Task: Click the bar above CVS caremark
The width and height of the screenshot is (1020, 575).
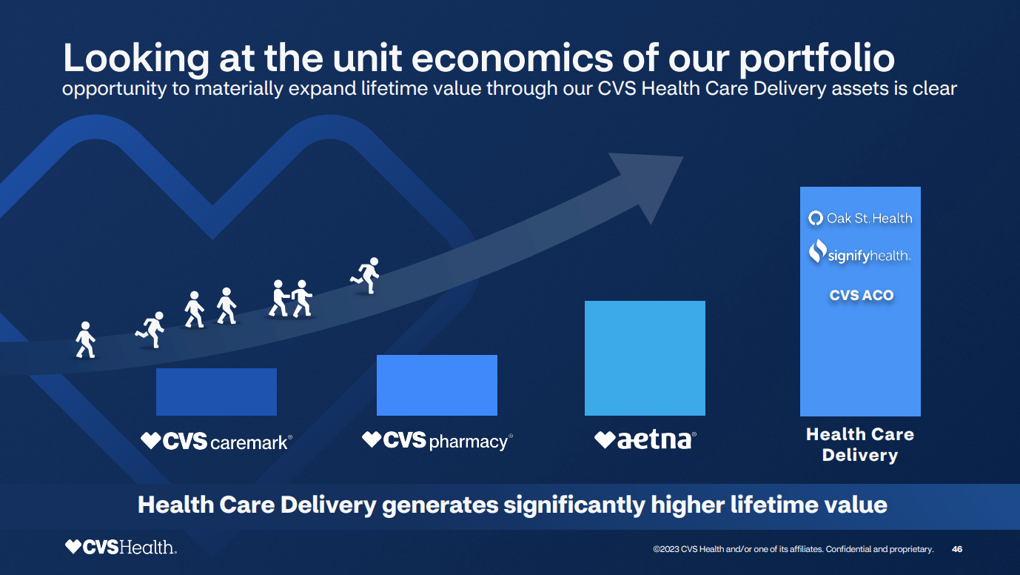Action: click(x=216, y=392)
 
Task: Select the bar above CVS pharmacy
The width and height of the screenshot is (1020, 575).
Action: click(x=437, y=385)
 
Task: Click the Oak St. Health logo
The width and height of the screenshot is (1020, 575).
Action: click(x=860, y=218)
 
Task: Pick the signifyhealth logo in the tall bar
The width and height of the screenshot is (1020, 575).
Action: click(x=859, y=253)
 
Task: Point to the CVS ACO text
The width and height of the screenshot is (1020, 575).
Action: click(x=862, y=295)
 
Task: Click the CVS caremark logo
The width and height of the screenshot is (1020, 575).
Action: click(x=217, y=442)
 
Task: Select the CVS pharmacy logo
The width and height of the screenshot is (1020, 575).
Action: click(x=437, y=441)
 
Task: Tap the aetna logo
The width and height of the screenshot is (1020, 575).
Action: click(x=645, y=440)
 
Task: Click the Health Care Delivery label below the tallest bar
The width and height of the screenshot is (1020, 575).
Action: click(x=860, y=445)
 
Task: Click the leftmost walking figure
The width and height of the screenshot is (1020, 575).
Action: click(x=86, y=340)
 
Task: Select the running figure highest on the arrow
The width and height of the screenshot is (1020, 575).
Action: click(x=366, y=275)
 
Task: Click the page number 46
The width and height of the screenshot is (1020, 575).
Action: click(x=957, y=549)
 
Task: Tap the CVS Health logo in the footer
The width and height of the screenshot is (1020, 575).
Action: click(x=121, y=548)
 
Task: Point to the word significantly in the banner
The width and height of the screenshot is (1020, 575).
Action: click(x=574, y=505)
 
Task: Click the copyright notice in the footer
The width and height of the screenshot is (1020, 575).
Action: click(x=793, y=549)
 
